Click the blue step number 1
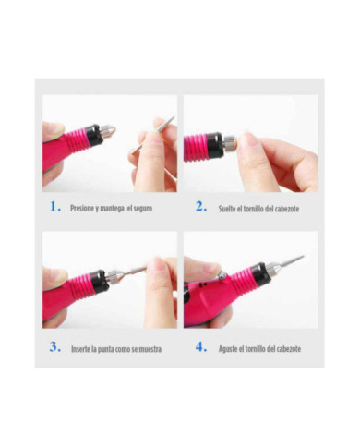pyautogui.click(x=55, y=207)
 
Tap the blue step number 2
pyautogui.click(x=200, y=207)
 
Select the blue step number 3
pyautogui.click(x=55, y=347)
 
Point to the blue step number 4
pyautogui.click(x=200, y=347)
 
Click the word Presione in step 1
pyautogui.click(x=83, y=209)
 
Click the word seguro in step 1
pyautogui.click(x=141, y=209)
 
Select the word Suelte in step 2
pyautogui.click(x=227, y=210)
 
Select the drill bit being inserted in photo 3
pyautogui.click(x=134, y=271)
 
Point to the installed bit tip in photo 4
pyautogui.click(x=290, y=262)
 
